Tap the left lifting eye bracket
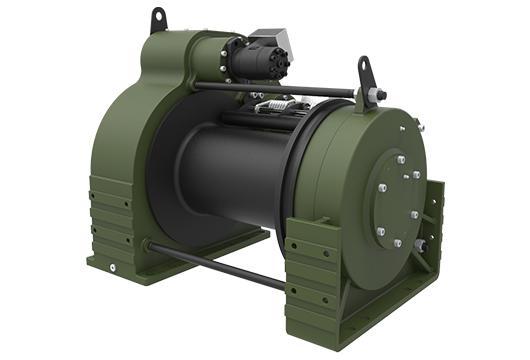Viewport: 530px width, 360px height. pos(158,19)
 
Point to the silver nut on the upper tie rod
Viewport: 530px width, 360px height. pos(381,96)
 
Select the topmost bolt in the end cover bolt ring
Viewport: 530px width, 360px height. pos(397,158)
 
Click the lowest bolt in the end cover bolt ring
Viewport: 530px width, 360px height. pos(397,243)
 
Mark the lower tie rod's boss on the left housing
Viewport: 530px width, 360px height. pos(147,244)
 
